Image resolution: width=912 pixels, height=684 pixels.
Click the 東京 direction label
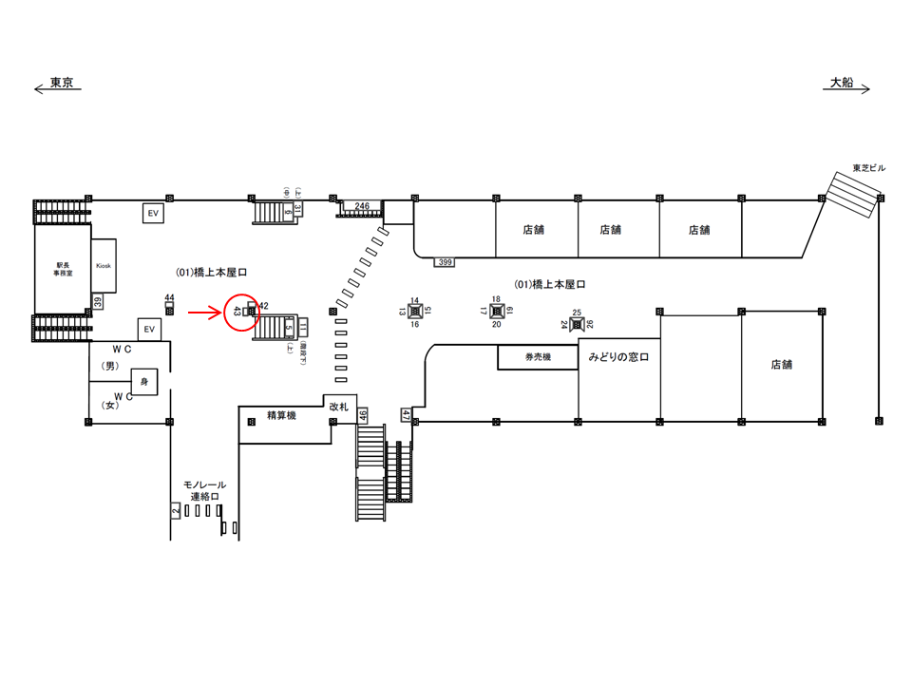point(63,82)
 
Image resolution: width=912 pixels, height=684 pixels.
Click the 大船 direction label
point(841,83)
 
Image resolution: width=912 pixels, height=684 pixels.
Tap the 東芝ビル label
point(868,168)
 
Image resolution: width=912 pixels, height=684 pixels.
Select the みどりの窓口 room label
point(617,357)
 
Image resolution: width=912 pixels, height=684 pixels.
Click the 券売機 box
point(538,357)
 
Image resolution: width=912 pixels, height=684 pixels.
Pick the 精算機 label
point(282,414)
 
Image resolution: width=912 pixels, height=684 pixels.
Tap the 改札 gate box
point(340,406)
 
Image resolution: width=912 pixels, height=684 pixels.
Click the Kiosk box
point(103,266)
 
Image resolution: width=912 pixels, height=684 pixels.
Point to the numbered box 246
point(362,206)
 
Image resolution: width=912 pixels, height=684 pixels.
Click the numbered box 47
point(406,414)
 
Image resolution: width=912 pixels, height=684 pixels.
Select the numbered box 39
point(97,302)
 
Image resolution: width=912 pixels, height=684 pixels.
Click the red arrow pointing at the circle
point(203,311)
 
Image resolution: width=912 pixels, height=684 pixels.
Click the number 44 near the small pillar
point(169,297)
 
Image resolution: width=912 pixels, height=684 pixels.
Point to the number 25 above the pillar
point(577,312)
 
